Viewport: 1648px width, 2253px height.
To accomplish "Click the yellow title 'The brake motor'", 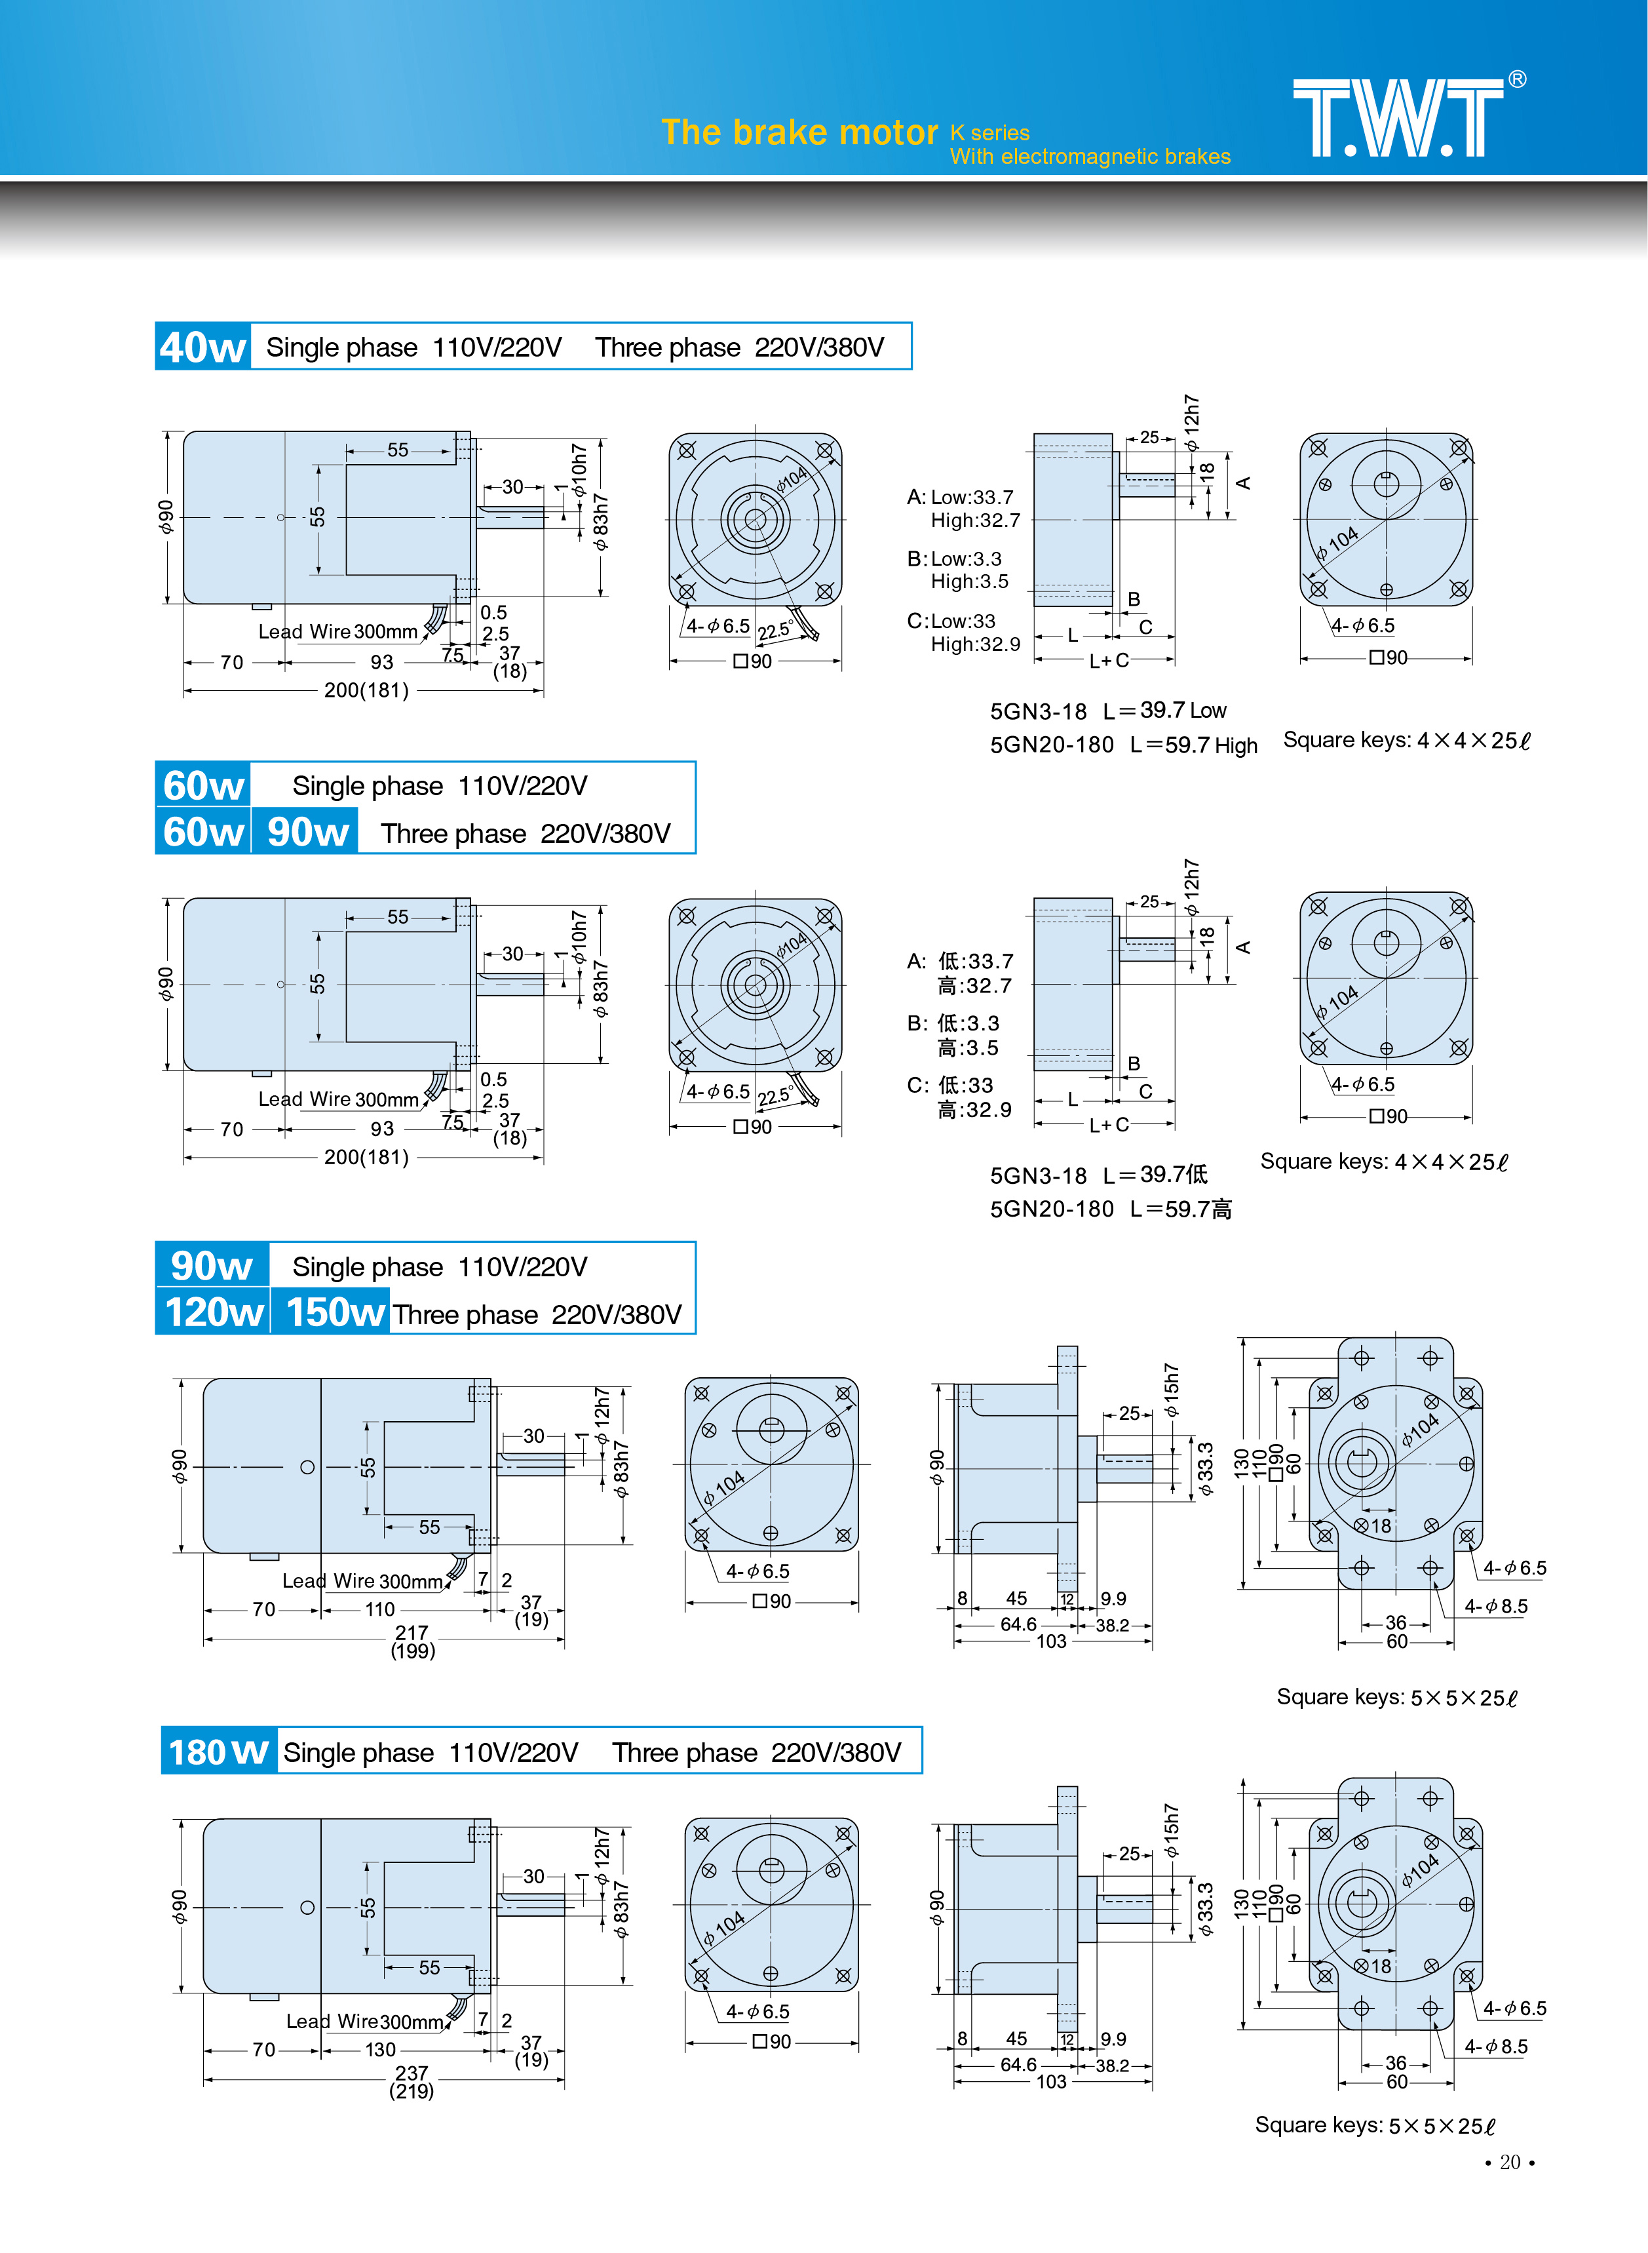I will click(x=799, y=132).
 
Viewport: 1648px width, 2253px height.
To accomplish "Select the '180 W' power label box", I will click(x=218, y=1752).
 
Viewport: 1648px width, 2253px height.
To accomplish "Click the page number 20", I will click(x=1509, y=2162).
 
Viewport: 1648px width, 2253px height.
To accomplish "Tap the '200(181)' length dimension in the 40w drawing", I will click(x=366, y=690).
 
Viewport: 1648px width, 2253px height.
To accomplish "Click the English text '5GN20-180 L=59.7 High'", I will click(x=1123, y=745).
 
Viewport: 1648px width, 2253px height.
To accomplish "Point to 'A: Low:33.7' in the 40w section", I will click(x=960, y=497).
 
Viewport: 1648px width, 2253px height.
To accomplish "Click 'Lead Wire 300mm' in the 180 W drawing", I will click(x=364, y=2022).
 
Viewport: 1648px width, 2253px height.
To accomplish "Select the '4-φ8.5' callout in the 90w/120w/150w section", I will click(x=1495, y=1607).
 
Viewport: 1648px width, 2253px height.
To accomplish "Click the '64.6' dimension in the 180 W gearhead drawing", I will click(x=1018, y=2064).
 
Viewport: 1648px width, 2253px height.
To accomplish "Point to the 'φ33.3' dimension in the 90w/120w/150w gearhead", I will click(x=1205, y=1469).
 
